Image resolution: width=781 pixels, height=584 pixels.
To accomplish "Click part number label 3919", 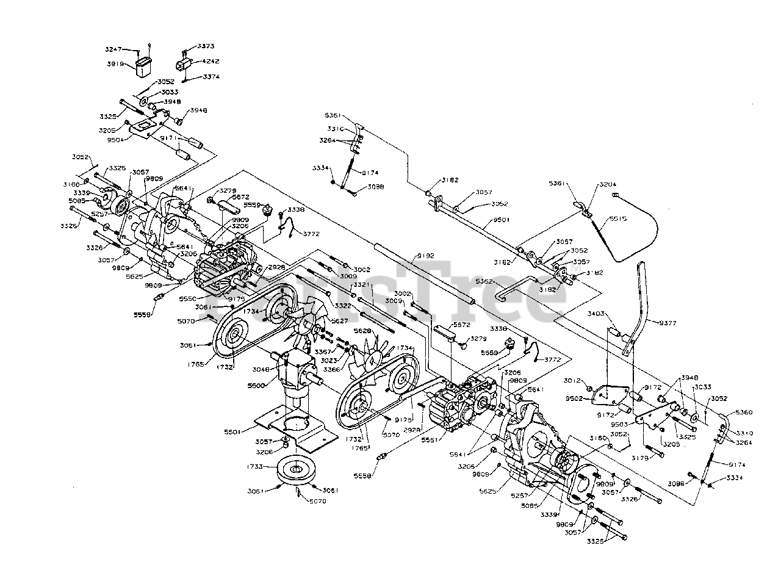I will (115, 63).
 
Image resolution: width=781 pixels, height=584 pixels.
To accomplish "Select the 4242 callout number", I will (211, 62).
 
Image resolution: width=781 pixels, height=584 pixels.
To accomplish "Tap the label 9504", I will (115, 139).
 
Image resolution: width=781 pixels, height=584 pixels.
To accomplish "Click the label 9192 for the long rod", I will (425, 257).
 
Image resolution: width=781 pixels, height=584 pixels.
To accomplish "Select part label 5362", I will (484, 282).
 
